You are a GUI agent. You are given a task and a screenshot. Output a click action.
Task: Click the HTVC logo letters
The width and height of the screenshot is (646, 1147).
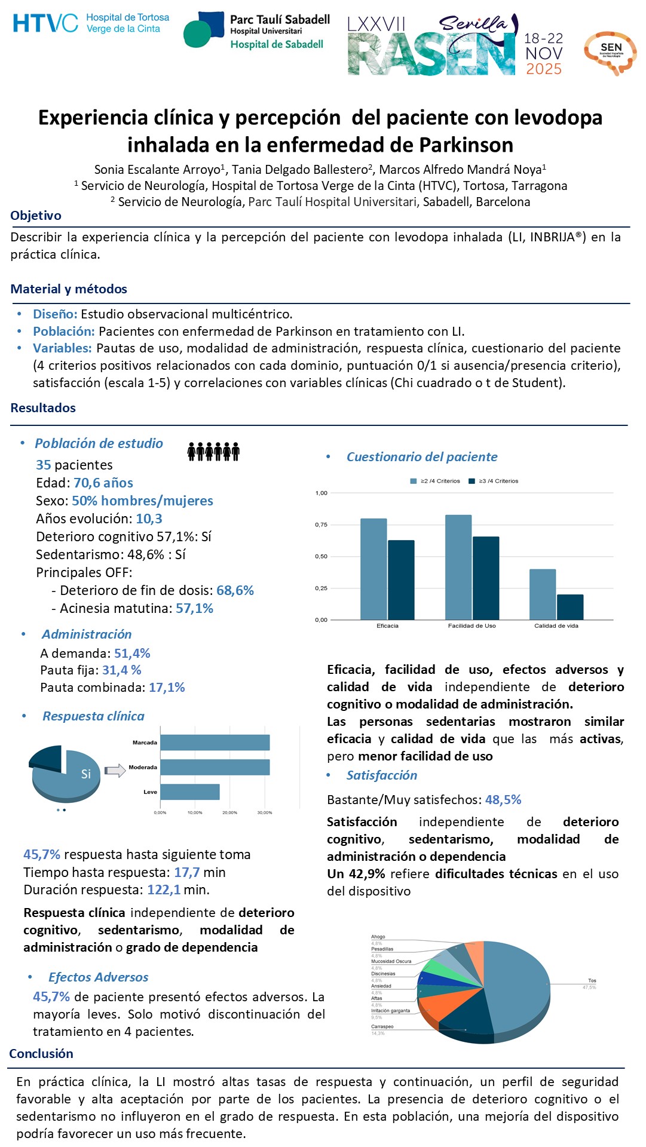(45, 23)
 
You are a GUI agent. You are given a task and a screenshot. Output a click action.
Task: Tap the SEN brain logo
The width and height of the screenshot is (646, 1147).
(610, 52)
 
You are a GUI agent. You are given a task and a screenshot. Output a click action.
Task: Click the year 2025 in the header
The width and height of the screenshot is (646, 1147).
(543, 69)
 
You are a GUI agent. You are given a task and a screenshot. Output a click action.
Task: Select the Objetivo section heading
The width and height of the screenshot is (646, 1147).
(36, 216)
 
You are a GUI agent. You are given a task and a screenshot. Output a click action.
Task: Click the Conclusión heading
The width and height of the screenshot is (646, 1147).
(41, 1053)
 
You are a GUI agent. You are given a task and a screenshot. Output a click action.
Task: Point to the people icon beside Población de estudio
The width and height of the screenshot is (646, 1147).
(213, 452)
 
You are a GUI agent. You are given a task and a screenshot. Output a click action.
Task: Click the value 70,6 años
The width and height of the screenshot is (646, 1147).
(103, 483)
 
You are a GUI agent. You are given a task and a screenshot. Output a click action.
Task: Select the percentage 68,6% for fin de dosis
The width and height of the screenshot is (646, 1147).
(235, 590)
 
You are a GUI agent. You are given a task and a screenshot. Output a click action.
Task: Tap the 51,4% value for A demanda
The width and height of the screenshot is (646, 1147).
(132, 653)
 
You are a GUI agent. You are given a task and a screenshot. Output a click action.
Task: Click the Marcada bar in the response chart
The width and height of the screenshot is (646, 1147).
(215, 743)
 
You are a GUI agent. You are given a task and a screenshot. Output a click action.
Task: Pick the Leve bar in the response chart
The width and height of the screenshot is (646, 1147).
(189, 792)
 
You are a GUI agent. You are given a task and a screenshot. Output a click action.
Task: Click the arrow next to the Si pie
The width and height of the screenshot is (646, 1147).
(115, 771)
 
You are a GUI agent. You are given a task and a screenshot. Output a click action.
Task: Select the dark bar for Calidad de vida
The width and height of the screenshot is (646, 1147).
(570, 607)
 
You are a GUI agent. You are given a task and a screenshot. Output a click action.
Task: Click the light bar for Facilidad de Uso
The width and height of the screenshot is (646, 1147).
(458, 567)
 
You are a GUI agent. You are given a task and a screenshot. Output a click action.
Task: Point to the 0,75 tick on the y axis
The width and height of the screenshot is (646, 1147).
(321, 525)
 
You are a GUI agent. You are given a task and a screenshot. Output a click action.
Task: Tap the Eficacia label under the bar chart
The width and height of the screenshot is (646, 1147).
(387, 625)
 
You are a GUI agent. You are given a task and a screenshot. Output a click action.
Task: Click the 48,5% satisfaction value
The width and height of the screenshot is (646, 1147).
(503, 799)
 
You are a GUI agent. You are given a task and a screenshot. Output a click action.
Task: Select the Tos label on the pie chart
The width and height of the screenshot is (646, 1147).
(592, 980)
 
